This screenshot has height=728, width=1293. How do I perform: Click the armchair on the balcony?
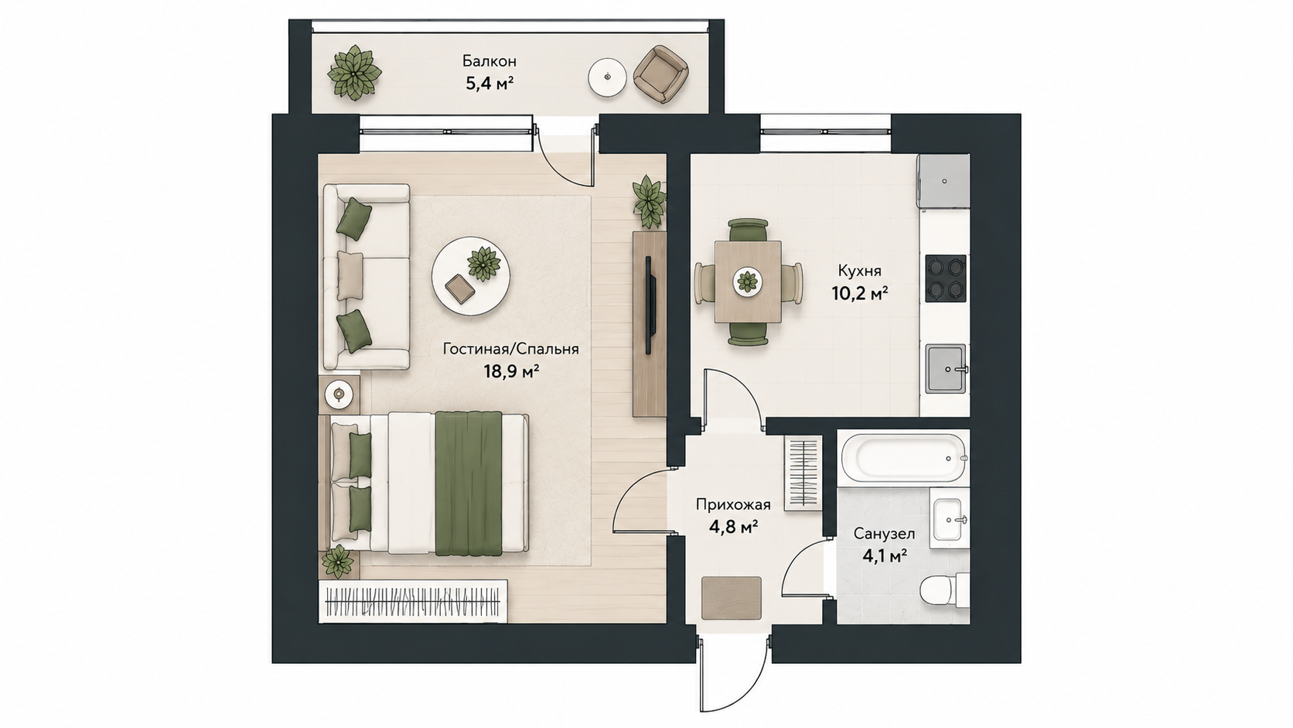(x=661, y=75)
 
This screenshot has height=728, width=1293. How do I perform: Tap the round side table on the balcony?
(x=607, y=78)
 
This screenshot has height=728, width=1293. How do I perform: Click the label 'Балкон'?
(x=490, y=60)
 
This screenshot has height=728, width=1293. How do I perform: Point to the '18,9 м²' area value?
(x=511, y=371)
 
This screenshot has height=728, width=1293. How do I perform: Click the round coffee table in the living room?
(x=471, y=276)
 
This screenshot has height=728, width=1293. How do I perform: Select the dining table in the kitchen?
(x=748, y=282)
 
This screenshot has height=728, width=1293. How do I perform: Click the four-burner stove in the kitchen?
(x=946, y=279)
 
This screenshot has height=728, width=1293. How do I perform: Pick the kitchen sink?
(x=946, y=369)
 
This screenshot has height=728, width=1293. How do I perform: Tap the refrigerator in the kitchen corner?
(x=943, y=181)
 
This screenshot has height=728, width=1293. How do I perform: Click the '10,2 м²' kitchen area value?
(x=859, y=294)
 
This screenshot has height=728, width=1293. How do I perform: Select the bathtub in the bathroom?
(x=904, y=459)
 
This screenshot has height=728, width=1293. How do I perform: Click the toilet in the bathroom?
(x=943, y=590)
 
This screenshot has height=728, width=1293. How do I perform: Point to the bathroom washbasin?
(x=950, y=519)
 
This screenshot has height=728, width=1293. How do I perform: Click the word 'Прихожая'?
(x=733, y=505)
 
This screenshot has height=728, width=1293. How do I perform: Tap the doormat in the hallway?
(x=732, y=597)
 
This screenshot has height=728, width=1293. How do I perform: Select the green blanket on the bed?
(x=468, y=484)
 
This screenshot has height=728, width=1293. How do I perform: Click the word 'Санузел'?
(x=885, y=534)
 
